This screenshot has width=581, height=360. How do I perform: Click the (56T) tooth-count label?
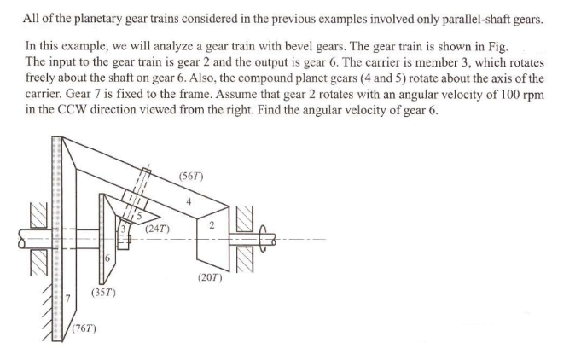point(190,177)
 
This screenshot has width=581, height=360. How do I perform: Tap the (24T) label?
point(157,229)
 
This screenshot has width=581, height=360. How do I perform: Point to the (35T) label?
point(103,293)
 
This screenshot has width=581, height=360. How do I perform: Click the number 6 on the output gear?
point(107,258)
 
